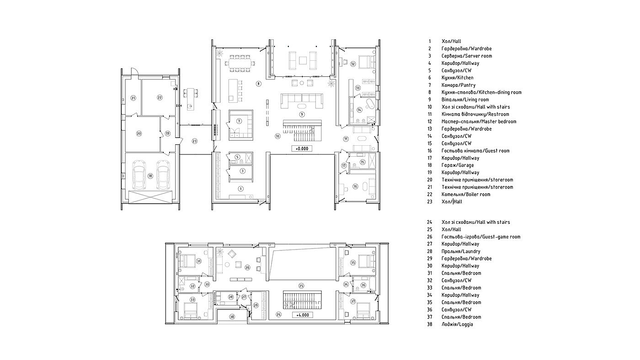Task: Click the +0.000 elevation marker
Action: click(302, 148)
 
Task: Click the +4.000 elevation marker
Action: click(302, 315)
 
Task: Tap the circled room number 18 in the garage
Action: click(150, 176)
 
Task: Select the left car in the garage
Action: click(139, 175)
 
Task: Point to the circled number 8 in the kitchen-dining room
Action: click(258, 84)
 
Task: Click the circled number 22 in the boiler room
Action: click(160, 97)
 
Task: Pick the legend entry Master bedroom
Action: click(479, 122)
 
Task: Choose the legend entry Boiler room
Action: click(466, 194)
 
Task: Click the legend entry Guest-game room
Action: click(481, 236)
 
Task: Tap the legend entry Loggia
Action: click(457, 324)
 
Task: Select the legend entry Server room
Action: click(467, 56)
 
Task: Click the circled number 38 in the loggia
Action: click(232, 316)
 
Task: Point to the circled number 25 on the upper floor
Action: click(301, 286)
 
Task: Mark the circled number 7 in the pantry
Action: click(239, 121)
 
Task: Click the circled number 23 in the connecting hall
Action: click(195, 141)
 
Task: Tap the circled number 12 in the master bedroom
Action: click(353, 64)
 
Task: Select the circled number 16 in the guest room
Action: click(355, 186)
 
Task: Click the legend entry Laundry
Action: click(461, 251)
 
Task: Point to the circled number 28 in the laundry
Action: click(231, 297)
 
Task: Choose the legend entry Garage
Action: click(458, 165)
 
